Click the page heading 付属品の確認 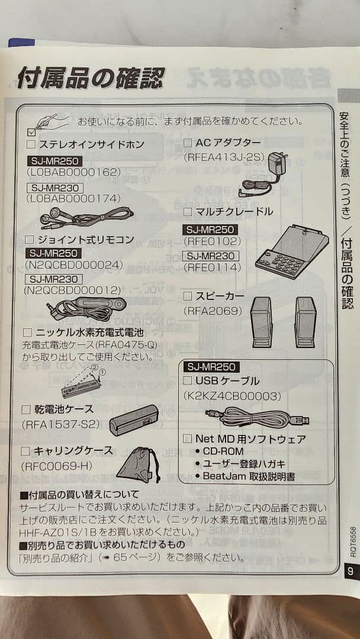90,78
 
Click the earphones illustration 86,217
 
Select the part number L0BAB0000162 73,172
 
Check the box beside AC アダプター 187,143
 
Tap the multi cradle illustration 291,251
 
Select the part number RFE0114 213,268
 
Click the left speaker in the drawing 261,321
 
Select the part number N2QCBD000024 73,265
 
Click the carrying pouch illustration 138,466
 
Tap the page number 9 350,571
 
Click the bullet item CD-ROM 223,451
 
